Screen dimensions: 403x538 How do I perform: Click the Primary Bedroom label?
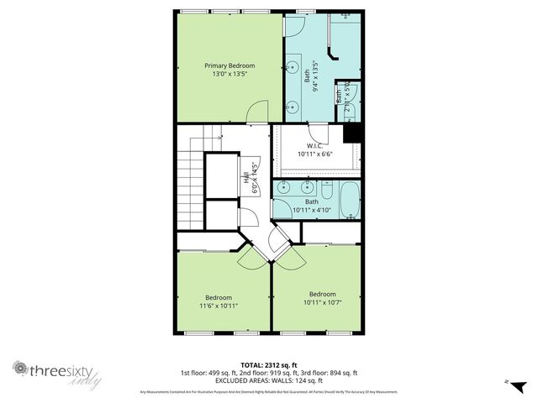click(x=229, y=65)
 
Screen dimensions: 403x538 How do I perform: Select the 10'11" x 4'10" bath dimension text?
click(x=312, y=211)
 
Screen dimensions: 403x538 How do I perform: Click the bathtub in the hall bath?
click(x=349, y=200)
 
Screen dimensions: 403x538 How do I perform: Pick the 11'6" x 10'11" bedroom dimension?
click(x=219, y=306)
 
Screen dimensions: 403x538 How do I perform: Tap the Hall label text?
click(x=247, y=179)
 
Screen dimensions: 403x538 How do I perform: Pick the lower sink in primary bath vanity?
click(x=293, y=105)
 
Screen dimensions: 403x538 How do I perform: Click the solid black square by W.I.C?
click(x=353, y=133)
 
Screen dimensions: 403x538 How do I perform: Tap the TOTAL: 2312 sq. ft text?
click(x=269, y=365)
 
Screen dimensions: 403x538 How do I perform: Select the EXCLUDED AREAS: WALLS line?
click(x=269, y=380)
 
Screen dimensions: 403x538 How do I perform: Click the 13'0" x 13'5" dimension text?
click(x=229, y=74)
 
